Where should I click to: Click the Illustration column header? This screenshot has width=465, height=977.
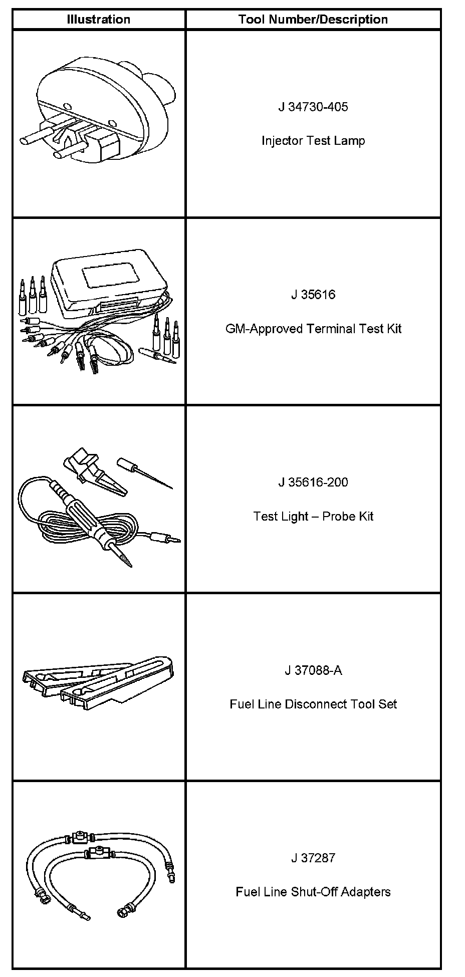point(98,20)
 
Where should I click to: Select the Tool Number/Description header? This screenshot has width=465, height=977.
point(313,20)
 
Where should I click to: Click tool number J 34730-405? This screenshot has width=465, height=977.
point(313,107)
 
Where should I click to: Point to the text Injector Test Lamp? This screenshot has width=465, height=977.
point(313,141)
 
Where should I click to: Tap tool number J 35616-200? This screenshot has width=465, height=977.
point(313,482)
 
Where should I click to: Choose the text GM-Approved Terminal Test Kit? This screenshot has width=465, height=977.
point(313,329)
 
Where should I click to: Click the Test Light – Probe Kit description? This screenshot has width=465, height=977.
point(313,516)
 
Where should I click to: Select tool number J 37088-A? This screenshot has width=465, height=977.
point(313,670)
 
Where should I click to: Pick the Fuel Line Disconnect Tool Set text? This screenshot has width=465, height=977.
point(313,704)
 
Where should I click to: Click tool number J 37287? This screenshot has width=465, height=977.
point(313,858)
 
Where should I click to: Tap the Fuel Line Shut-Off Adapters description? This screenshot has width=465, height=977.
point(313,892)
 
